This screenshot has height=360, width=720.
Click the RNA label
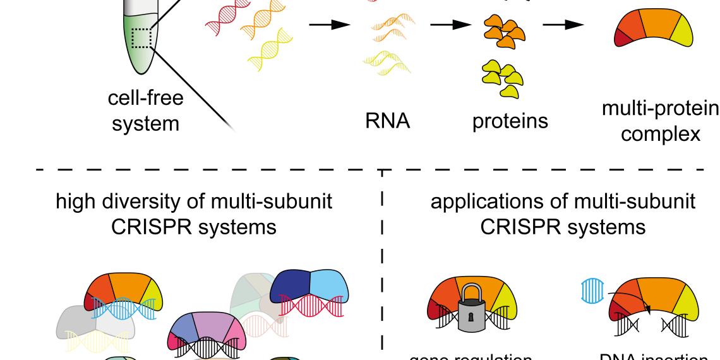[x=387, y=121]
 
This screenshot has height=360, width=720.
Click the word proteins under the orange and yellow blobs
[x=510, y=121]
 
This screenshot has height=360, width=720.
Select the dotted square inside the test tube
[x=142, y=39]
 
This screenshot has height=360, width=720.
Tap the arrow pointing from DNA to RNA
[x=329, y=25]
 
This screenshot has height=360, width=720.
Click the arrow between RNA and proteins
[x=451, y=25]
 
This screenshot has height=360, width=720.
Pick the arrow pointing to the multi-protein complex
[x=563, y=25]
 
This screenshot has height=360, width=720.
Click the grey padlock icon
[x=472, y=309]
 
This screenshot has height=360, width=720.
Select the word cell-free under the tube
[x=146, y=98]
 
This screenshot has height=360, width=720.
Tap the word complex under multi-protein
[x=661, y=134]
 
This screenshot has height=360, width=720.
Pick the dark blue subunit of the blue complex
[x=291, y=285]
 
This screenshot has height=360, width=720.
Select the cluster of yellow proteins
[x=503, y=78]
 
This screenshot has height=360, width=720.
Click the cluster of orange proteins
[x=504, y=32]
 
